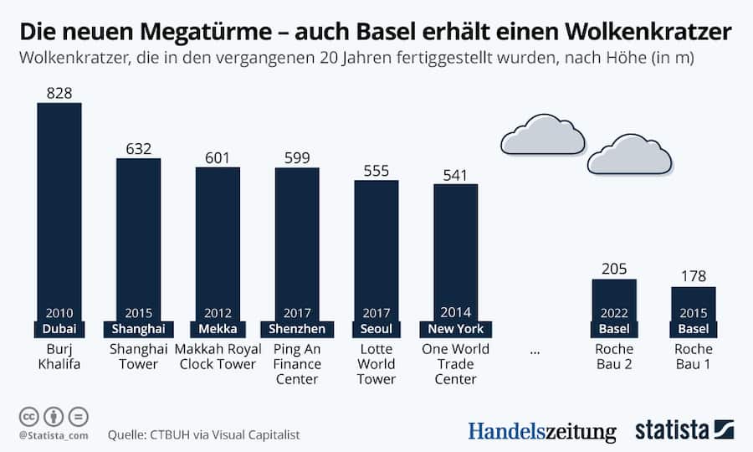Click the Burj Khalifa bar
click(x=59, y=209)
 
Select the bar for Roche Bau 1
click(x=693, y=306)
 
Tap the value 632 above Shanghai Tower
click(x=138, y=148)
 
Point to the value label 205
click(x=613, y=269)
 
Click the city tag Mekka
click(x=218, y=328)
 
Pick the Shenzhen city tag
click(x=297, y=328)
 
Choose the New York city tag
click(x=455, y=328)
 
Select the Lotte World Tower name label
click(x=376, y=364)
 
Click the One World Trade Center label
click(x=455, y=364)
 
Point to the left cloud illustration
click(x=542, y=136)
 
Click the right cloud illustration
click(x=629, y=154)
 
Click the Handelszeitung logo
click(x=541, y=431)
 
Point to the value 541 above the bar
click(x=455, y=174)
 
